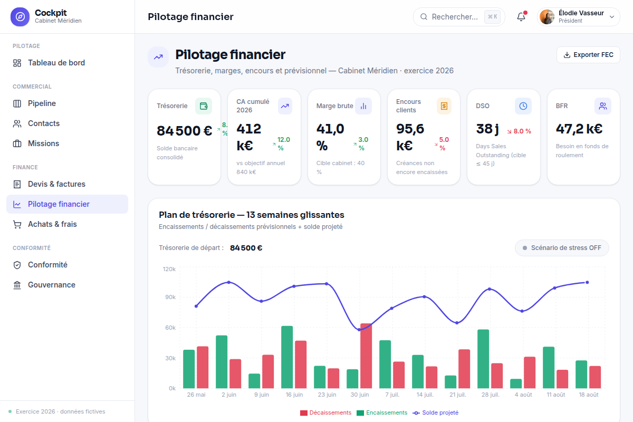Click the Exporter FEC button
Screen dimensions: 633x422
point(588,55)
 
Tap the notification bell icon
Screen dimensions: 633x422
point(521,17)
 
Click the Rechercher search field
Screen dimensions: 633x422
point(459,17)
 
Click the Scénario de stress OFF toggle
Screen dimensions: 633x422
point(562,248)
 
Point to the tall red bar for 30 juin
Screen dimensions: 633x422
point(366,356)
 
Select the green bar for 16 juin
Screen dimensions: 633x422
point(287,357)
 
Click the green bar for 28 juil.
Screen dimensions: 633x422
point(483,359)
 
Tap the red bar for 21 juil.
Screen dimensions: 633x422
point(464,369)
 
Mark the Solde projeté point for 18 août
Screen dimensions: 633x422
point(587,282)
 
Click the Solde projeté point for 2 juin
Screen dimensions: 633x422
point(229,282)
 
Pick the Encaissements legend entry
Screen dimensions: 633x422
point(382,413)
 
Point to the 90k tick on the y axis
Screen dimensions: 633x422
point(170,297)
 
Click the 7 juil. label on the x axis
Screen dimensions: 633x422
point(392,395)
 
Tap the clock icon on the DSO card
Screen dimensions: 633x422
point(523,106)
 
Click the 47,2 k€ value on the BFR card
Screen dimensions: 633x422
point(579,129)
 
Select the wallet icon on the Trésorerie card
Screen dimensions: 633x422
point(204,106)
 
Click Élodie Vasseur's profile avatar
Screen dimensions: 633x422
point(547,17)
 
